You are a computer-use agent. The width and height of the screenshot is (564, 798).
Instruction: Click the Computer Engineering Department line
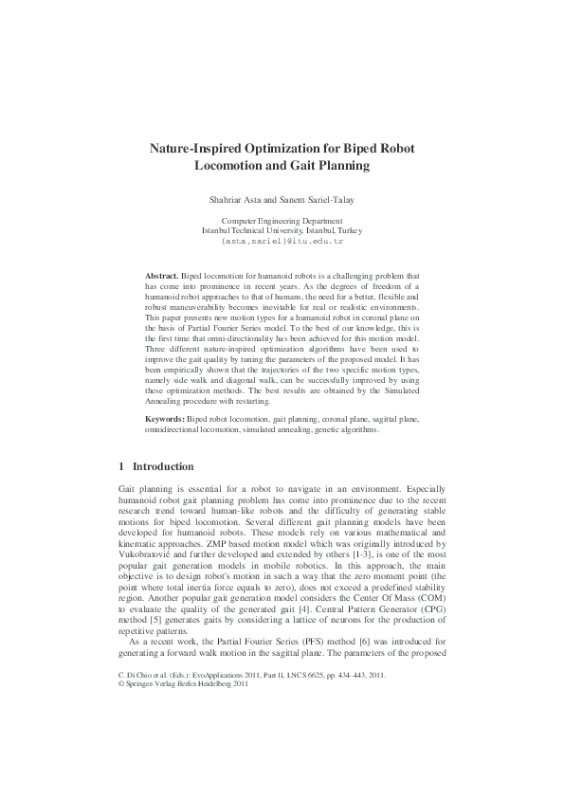click(x=282, y=220)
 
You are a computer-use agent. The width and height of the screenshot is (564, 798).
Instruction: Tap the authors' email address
click(x=282, y=241)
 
